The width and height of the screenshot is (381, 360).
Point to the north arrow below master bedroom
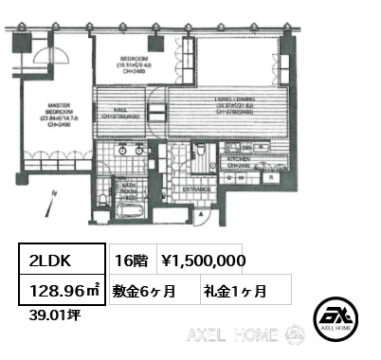click(x=56, y=195)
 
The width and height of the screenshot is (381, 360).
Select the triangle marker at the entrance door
click(x=200, y=218)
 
